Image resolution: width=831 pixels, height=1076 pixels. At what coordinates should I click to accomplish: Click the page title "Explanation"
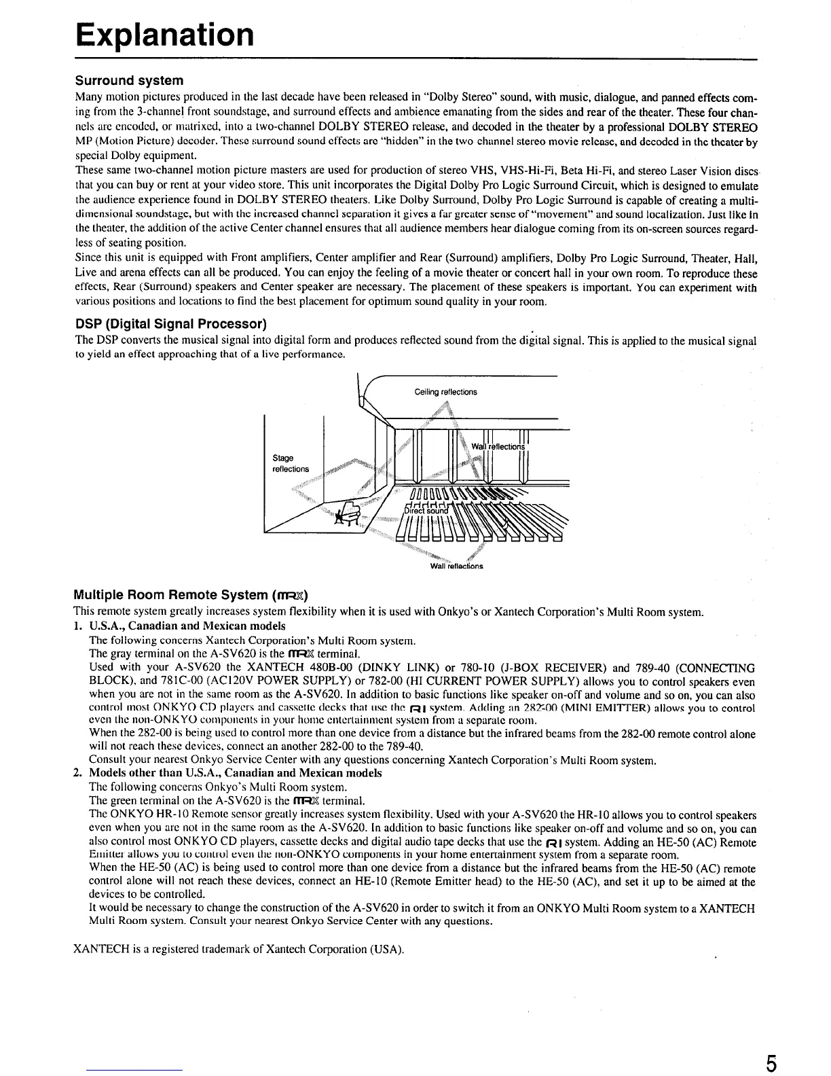pyautogui.click(x=165, y=34)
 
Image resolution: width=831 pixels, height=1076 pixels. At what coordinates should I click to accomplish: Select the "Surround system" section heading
pyautogui.click(x=129, y=81)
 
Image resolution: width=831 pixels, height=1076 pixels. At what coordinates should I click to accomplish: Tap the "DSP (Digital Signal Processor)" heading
pyautogui.click(x=170, y=322)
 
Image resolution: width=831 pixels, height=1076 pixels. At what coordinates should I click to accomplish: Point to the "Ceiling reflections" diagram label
pyautogui.click(x=445, y=392)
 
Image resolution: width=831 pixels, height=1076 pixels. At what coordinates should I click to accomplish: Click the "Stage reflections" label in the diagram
pyautogui.click(x=290, y=464)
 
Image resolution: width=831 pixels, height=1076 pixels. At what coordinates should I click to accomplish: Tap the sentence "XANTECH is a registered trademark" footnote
pyautogui.click(x=238, y=948)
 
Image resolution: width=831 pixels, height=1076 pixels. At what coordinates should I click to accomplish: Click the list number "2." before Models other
pyautogui.click(x=77, y=773)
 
